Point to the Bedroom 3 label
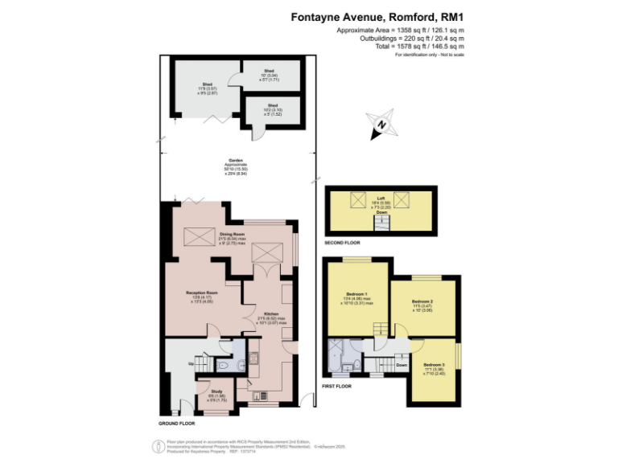click(x=434, y=367)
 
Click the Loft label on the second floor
click(x=381, y=198)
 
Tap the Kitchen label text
click(x=271, y=313)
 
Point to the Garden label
click(x=236, y=160)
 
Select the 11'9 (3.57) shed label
click(x=207, y=84)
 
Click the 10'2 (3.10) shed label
click(x=273, y=105)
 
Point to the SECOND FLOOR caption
click(x=342, y=243)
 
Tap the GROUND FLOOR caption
click(x=177, y=423)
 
